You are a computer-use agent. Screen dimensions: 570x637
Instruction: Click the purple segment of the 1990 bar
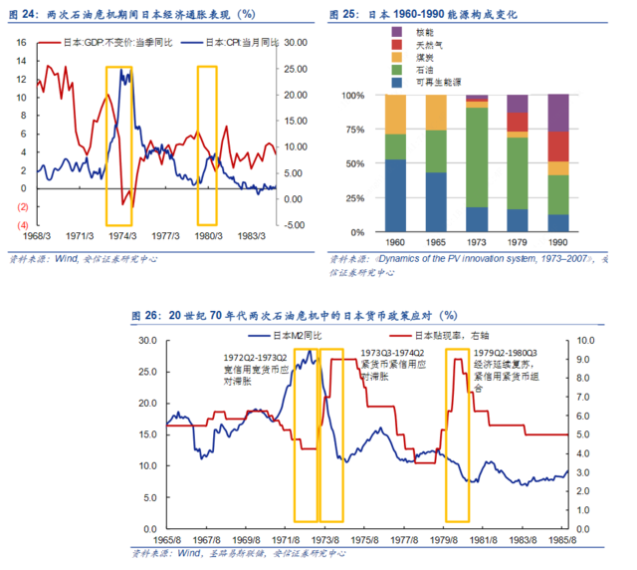[558, 113]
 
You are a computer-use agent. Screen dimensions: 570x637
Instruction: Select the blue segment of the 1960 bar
[395, 195]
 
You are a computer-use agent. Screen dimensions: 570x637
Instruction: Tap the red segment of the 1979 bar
[518, 123]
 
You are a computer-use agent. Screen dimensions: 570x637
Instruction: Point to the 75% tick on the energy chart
[355, 130]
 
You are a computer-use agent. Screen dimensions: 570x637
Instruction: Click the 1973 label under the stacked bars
[477, 243]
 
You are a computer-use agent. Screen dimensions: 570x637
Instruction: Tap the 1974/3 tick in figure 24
[123, 237]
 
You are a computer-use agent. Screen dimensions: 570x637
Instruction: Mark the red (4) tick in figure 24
[21, 225]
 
